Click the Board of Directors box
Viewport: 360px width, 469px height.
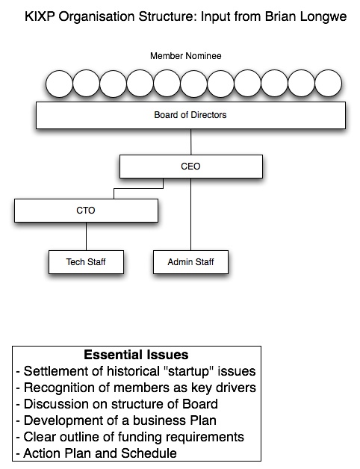point(190,115)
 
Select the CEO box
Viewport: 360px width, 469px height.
point(191,167)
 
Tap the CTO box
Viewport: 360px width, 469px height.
point(86,211)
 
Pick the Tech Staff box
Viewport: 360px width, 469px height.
point(86,262)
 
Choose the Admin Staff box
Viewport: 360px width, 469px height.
point(190,262)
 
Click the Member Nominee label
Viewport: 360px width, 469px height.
point(185,56)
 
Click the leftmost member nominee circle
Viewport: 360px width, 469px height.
point(59,84)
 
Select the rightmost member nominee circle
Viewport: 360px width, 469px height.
point(329,84)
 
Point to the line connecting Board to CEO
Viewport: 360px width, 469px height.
point(191,142)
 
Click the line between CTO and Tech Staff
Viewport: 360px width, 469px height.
point(86,236)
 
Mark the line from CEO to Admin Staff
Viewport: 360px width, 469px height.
point(191,214)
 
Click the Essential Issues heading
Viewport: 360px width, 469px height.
point(136,355)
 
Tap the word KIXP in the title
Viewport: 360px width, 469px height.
point(40,16)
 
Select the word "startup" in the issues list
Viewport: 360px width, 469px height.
point(188,371)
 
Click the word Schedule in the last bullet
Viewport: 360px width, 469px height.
point(149,453)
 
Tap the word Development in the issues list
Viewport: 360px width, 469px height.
point(67,420)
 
